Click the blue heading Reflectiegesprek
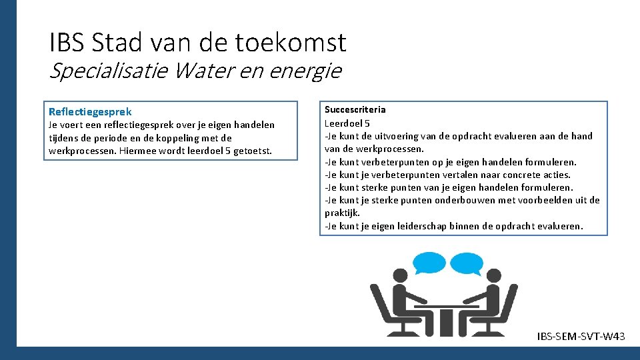90,111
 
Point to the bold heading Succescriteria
355,109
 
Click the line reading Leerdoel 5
347,123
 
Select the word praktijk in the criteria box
341,213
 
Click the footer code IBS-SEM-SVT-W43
581,337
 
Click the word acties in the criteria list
557,175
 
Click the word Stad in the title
119,43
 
